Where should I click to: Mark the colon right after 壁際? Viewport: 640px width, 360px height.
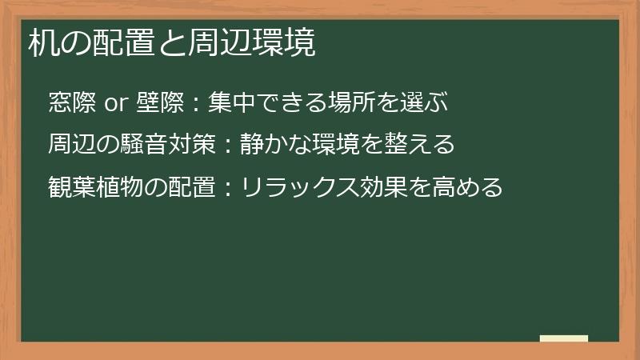point(195,104)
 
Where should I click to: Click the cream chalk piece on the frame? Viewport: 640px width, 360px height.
point(564,338)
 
